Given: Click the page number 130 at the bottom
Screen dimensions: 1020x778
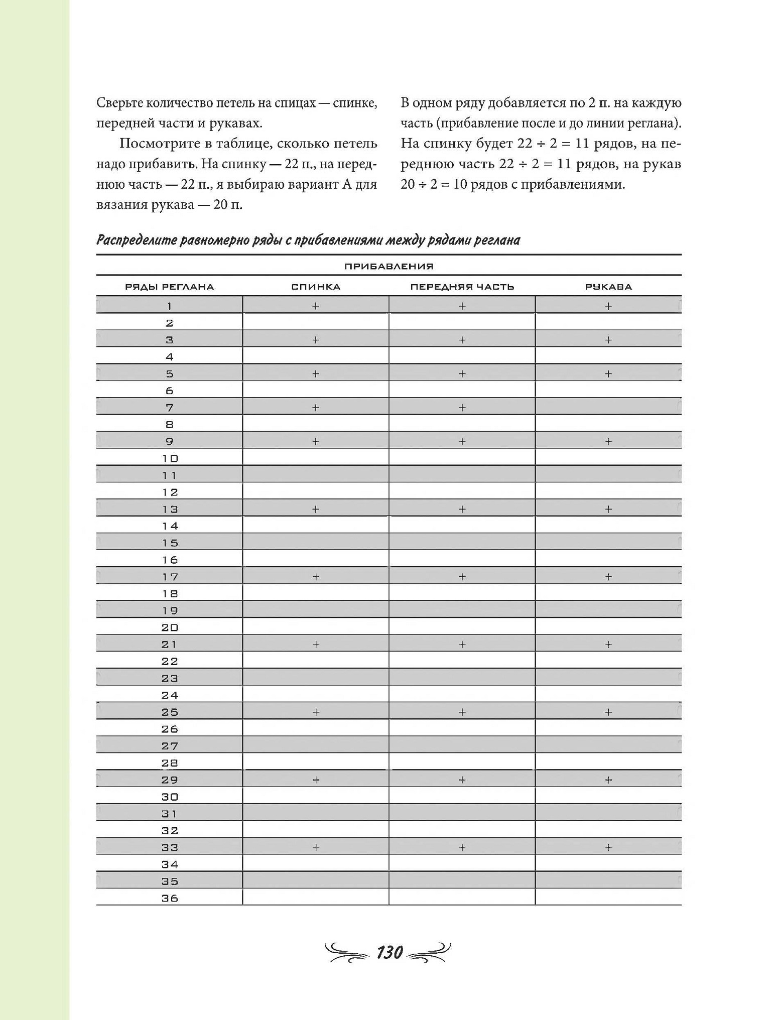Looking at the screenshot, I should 390,952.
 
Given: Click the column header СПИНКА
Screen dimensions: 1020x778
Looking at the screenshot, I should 316,287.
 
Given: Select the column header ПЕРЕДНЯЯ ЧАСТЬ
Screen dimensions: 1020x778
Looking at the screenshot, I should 462,287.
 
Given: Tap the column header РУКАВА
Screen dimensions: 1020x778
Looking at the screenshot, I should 608,287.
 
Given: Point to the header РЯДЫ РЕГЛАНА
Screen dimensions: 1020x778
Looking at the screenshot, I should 169,287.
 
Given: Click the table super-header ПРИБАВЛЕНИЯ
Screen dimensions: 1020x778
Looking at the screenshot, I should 388,266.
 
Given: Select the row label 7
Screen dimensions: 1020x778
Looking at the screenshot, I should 169,408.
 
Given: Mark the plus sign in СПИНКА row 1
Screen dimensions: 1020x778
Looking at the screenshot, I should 316,306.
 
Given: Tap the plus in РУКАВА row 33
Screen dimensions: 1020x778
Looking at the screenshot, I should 608,847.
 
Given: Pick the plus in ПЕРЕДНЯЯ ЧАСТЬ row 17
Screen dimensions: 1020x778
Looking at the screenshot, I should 462,577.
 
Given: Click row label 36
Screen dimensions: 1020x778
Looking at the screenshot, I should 169,898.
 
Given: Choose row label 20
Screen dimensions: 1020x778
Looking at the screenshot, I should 169,627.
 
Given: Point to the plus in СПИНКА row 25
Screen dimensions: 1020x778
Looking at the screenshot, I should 316,712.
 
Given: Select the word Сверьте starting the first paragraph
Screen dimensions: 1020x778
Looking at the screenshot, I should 119,103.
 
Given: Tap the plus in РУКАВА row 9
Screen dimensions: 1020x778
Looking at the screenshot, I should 608,442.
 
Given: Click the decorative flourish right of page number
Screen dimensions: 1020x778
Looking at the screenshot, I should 429,952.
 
